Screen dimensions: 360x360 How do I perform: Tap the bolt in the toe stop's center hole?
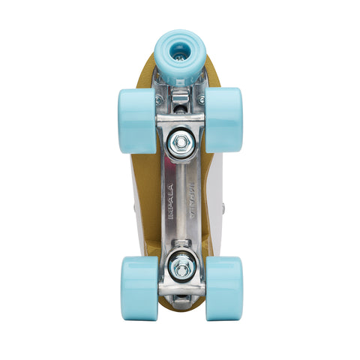click(x=180, y=49)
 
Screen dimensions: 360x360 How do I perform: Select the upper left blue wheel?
click(x=136, y=120)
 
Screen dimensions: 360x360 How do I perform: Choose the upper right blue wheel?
click(x=223, y=120)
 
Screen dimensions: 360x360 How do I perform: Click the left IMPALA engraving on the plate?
click(x=170, y=202)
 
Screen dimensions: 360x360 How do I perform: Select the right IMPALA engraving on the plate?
click(x=190, y=202)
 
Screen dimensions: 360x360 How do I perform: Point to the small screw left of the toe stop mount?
click(x=159, y=99)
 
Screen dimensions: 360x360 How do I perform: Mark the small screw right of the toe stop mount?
click(x=201, y=99)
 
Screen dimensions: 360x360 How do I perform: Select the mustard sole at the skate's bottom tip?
click(x=180, y=304)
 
